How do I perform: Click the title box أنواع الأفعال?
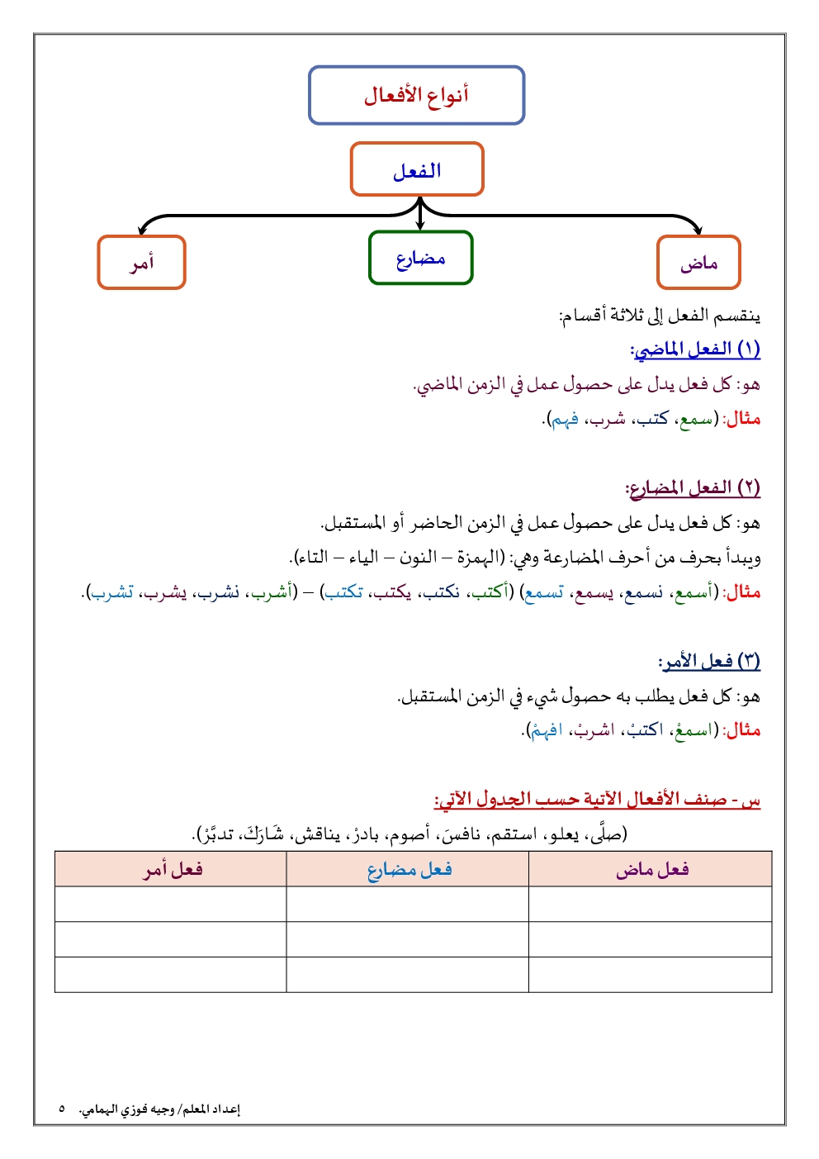pos(416,95)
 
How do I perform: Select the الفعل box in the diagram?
pos(416,169)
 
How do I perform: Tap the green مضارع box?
pos(420,258)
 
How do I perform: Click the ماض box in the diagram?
pos(698,263)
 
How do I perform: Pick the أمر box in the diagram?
pos(141,263)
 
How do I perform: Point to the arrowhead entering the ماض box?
pos(698,230)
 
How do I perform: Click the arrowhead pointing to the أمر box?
pos(143,230)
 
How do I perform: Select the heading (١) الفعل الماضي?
pos(696,349)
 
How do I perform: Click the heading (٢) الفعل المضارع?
pos(693,488)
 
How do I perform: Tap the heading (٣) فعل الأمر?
pos(709,661)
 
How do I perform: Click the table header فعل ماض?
pos(651,869)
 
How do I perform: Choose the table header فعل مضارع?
pos(409,869)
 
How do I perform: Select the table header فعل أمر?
pos(172,869)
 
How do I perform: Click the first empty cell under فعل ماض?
pos(650,904)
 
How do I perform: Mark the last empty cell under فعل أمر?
pos(171,975)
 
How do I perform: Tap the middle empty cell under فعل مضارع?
pos(407,939)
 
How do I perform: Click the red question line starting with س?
pos(597,800)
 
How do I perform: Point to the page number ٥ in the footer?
pos(62,1109)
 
